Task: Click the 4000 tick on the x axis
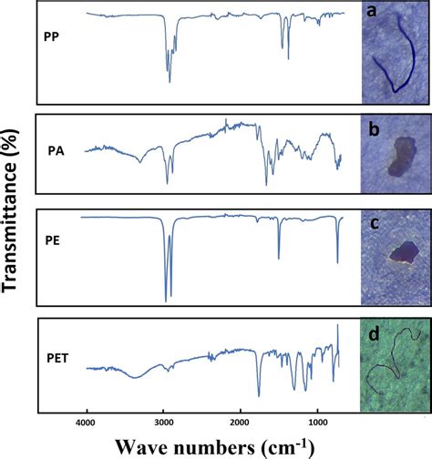click(87, 423)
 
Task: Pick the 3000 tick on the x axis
click(164, 423)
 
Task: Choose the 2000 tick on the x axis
click(241, 423)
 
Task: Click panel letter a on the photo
click(373, 12)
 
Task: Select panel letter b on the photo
click(373, 127)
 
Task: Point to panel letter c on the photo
click(373, 223)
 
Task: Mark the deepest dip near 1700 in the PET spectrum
click(259, 393)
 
